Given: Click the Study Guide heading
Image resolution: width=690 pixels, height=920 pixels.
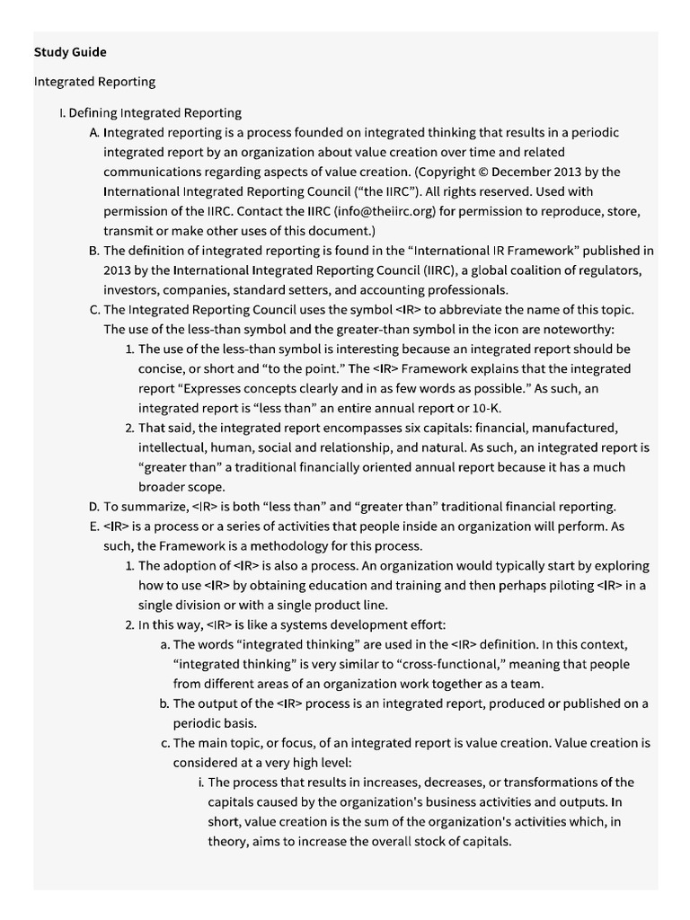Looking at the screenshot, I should click(x=70, y=52).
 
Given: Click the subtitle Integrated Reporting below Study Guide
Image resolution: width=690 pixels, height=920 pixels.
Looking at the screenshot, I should click(x=94, y=82).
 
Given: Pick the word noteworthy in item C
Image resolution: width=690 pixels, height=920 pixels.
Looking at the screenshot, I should click(x=579, y=329).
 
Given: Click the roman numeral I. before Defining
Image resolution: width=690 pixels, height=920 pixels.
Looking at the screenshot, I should click(x=61, y=113).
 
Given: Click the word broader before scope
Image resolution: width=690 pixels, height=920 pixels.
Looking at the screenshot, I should click(x=164, y=487).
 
